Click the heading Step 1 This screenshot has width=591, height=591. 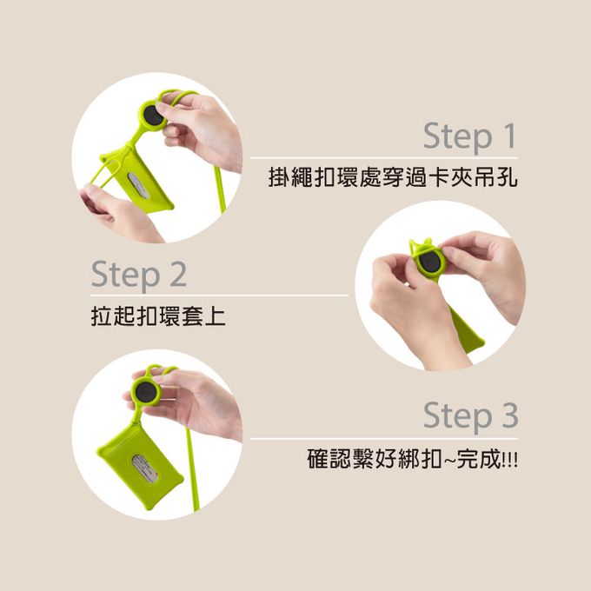[469, 136]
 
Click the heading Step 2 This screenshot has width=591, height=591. [139, 275]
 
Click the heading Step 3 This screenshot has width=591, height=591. [471, 416]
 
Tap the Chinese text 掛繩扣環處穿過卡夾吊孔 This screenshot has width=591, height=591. [393, 177]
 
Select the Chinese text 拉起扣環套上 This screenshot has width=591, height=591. [158, 316]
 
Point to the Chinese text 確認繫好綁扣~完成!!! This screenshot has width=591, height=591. [413, 458]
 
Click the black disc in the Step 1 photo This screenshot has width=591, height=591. [153, 116]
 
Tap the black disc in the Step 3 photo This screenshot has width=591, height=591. [145, 392]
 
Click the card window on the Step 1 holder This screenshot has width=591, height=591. [141, 186]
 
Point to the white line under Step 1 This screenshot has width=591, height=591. [384, 158]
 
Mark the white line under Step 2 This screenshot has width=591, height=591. [219, 295]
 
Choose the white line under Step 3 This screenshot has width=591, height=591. [384, 439]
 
